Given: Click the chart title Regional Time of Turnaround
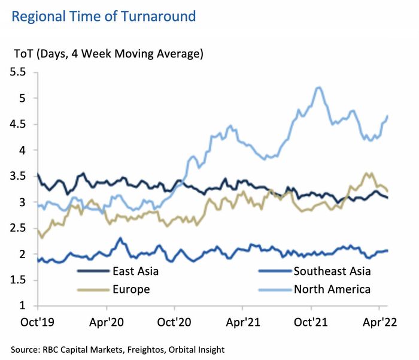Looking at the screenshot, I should [104, 16].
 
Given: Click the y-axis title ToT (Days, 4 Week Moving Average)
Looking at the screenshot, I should [108, 53].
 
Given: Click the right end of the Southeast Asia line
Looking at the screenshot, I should [387, 250].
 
